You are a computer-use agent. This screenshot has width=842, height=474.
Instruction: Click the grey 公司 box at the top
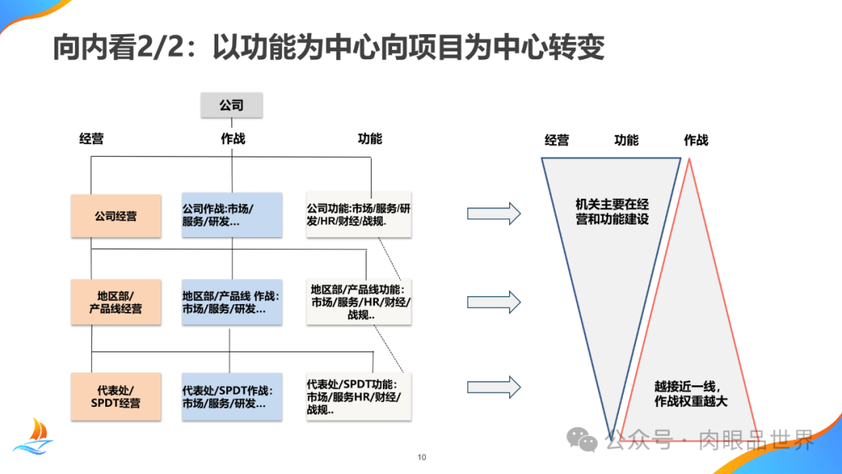[232, 105]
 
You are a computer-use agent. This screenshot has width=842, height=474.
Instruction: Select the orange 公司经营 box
[115, 216]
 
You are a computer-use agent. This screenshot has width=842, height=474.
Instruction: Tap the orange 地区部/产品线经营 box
[115, 302]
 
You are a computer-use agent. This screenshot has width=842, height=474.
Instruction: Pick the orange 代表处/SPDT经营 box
[115, 397]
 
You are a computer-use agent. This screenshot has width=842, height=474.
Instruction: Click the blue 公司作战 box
[232, 216]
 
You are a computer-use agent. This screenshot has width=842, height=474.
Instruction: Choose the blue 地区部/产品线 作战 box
[232, 302]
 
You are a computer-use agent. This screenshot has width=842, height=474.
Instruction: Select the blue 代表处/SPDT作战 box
[232, 397]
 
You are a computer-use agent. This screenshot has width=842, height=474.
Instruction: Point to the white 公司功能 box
[359, 215]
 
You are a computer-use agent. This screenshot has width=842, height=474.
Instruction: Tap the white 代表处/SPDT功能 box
[359, 397]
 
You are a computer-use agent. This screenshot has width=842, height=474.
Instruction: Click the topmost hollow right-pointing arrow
[494, 214]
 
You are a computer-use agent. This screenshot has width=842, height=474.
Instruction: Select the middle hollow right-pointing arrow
[494, 302]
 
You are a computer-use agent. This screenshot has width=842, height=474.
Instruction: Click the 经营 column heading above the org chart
[91, 139]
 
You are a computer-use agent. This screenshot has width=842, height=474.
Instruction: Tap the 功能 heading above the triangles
[626, 140]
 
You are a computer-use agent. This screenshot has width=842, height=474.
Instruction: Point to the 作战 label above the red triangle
[696, 140]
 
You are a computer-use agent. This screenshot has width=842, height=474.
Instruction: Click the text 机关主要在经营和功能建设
[612, 212]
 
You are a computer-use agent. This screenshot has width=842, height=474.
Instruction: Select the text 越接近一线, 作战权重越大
[691, 394]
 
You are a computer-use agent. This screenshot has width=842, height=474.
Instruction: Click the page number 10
[422, 458]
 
